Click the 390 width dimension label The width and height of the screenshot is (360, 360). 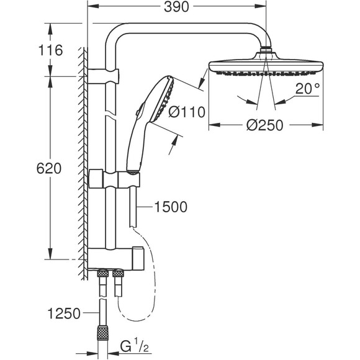pos(176,7)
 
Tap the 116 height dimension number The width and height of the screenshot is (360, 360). pos(50,50)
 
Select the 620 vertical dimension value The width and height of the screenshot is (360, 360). pos(49,168)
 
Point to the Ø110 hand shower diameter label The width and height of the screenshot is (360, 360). pos(187,112)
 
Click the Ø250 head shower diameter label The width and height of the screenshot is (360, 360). pos(264,125)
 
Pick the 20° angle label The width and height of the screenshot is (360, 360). pos(307,89)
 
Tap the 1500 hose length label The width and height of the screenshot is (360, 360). pos(171,207)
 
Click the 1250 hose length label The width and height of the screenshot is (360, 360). pos(64,313)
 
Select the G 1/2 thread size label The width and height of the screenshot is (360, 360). pos(135,347)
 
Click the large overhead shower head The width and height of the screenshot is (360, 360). pos(266,65)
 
